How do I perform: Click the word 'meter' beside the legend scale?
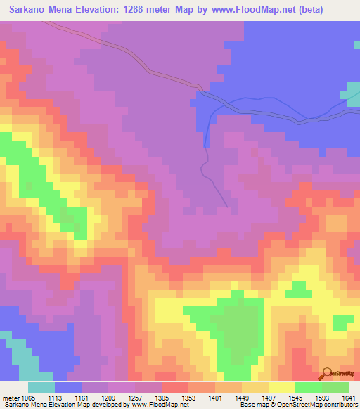pyautogui.click(x=9, y=398)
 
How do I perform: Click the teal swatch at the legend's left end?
pyautogui.click(x=41, y=387)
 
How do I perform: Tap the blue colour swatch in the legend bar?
pyautogui.click(x=68, y=387)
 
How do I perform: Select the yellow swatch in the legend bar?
pyautogui.click(x=282, y=387)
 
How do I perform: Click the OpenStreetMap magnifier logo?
pyautogui.click(x=326, y=374)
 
